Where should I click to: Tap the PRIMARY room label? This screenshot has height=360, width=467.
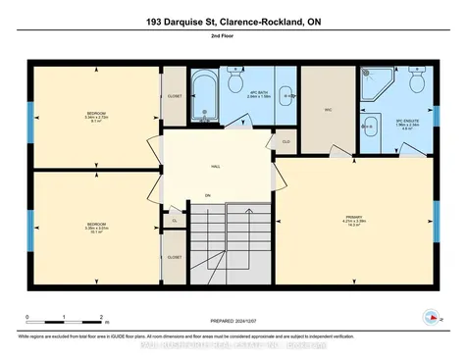click(x=354, y=218)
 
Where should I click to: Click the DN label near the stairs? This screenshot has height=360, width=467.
click(x=207, y=195)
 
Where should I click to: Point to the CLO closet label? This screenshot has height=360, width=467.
click(x=285, y=141)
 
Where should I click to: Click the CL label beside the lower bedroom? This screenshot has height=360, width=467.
click(x=174, y=221)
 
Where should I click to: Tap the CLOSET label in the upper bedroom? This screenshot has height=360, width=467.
click(x=175, y=97)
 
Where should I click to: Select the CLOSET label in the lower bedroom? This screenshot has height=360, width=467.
click(x=175, y=256)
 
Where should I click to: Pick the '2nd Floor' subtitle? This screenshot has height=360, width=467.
click(x=233, y=36)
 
